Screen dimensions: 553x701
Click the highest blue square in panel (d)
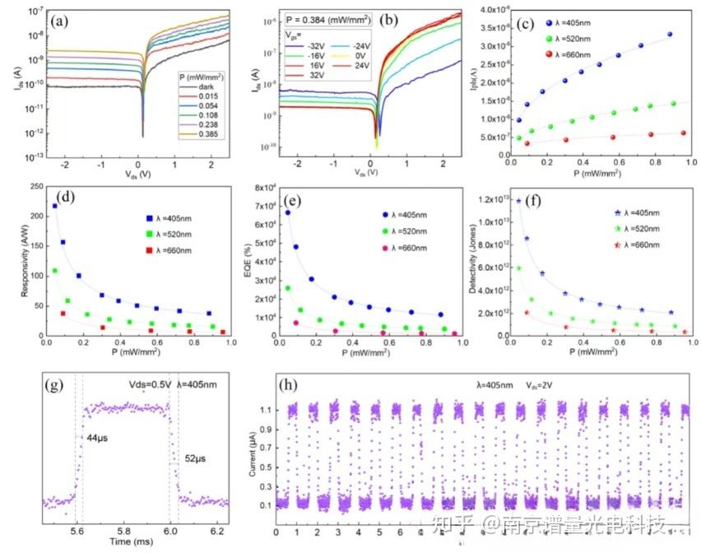[54, 207]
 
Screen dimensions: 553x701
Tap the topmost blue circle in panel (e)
[288, 213]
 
